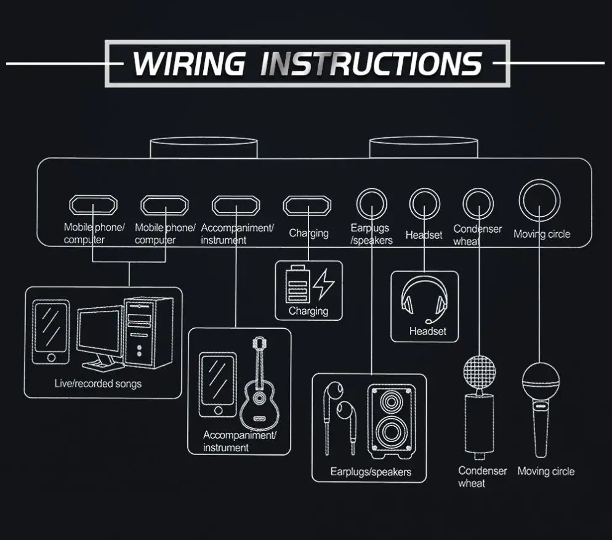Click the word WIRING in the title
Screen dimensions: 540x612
click(188, 63)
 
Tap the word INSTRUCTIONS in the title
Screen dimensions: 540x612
click(370, 63)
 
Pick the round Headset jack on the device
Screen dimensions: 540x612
click(425, 202)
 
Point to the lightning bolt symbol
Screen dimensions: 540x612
click(324, 284)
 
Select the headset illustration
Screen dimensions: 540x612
click(425, 300)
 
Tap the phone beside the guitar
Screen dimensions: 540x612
click(218, 385)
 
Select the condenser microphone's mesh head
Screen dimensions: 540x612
click(480, 373)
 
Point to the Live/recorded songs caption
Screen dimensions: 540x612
click(98, 384)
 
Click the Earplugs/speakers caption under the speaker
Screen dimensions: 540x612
click(371, 472)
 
